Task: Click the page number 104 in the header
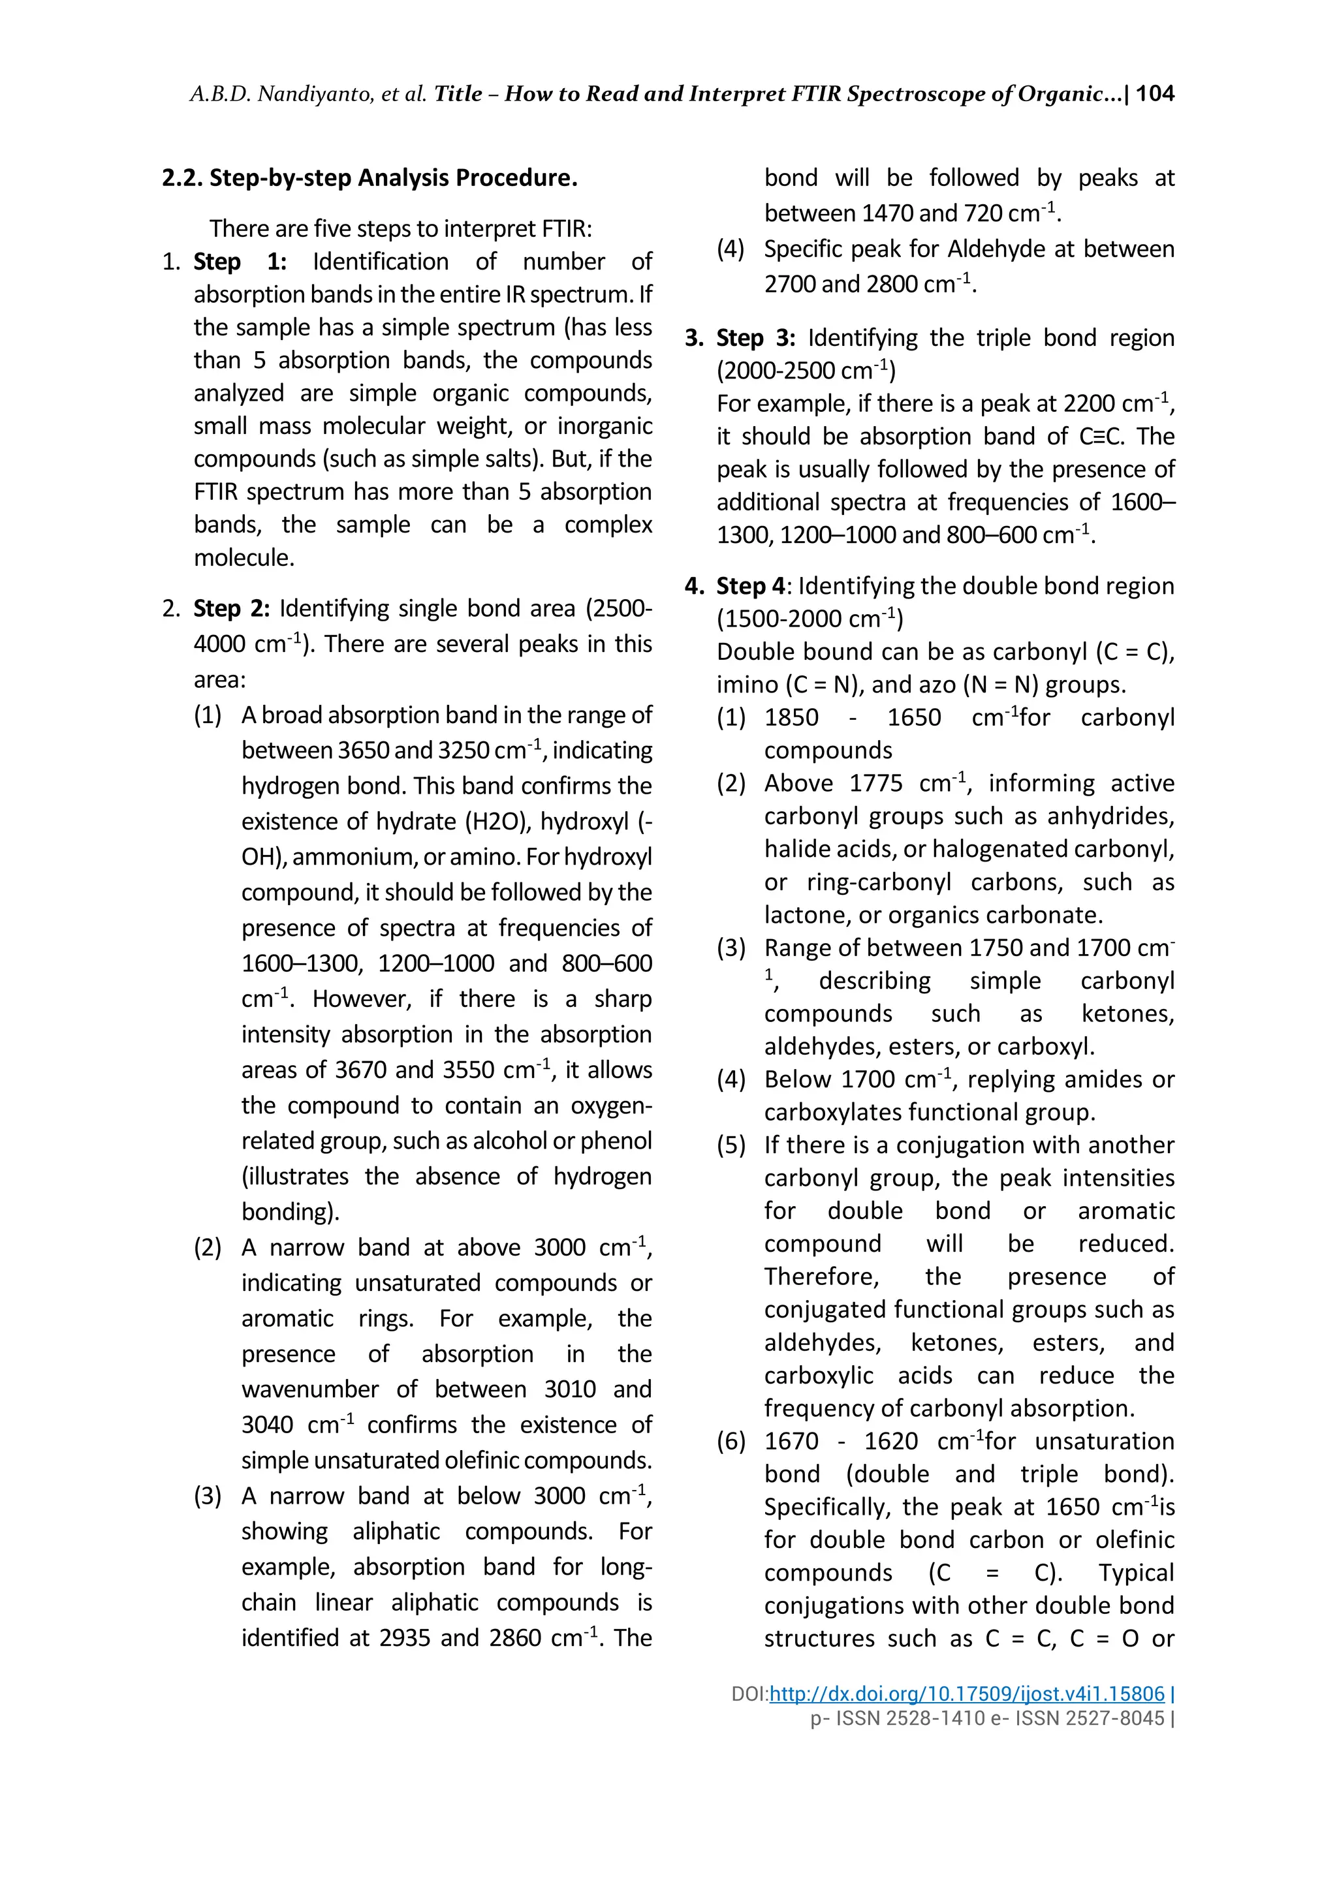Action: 1154,94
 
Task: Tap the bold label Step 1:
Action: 240,262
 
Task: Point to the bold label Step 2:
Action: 231,608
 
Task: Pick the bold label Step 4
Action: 750,586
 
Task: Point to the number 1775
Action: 875,784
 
